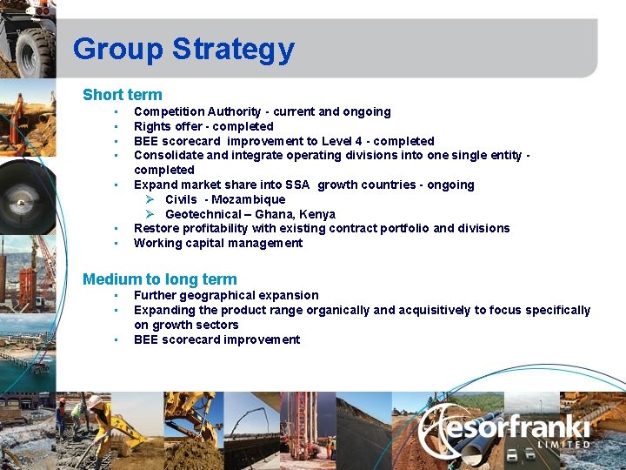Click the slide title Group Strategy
pyautogui.click(x=183, y=49)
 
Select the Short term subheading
pyautogui.click(x=122, y=94)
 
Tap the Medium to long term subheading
pyautogui.click(x=159, y=279)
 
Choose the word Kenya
pyautogui.click(x=317, y=214)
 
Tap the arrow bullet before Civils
pyautogui.click(x=150, y=199)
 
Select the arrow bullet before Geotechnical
pyautogui.click(x=150, y=214)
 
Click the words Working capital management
pyautogui.click(x=218, y=243)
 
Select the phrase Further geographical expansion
pyautogui.click(x=226, y=295)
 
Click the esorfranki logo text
pyautogui.click(x=513, y=427)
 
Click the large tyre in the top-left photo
pyautogui.click(x=35, y=52)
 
